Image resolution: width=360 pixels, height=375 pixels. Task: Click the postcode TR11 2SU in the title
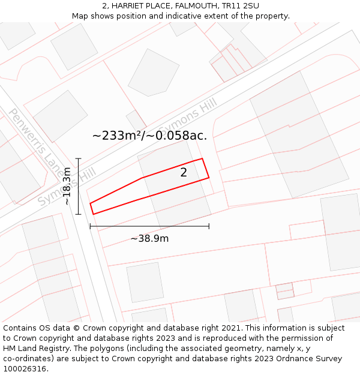(242, 6)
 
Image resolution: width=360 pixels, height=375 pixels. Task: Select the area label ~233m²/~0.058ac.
(149, 136)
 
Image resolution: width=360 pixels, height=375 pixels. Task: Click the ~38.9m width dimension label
(149, 238)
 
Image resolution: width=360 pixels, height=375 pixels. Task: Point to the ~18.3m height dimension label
(67, 186)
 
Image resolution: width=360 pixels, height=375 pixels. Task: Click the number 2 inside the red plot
(184, 173)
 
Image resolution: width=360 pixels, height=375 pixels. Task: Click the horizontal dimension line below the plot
(149, 226)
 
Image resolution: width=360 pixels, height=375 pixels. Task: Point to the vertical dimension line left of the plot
(78, 186)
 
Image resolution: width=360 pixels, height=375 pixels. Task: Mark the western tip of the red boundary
(91, 204)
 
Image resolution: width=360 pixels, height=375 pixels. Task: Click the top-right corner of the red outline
(202, 158)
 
